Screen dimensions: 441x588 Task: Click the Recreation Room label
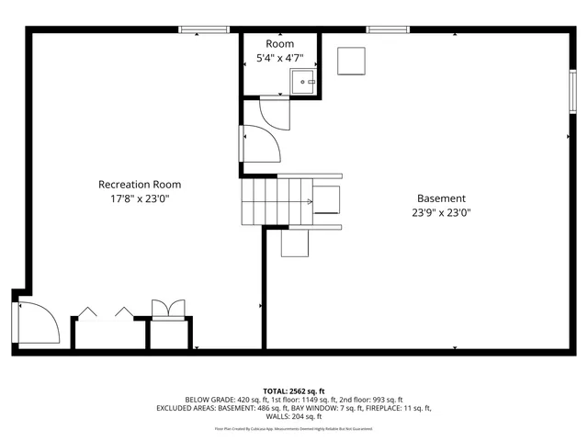click(140, 185)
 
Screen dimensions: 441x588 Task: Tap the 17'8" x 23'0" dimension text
click(140, 198)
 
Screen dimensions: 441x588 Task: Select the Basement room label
click(441, 198)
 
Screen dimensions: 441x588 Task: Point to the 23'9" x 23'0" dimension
click(441, 212)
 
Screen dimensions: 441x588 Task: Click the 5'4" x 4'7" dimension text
click(280, 59)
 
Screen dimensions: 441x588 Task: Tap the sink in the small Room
click(304, 84)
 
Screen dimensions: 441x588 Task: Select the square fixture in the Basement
click(351, 61)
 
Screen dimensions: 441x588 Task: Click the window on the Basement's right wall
click(571, 93)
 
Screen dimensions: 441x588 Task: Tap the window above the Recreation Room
click(204, 30)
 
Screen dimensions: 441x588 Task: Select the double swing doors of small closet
click(167, 310)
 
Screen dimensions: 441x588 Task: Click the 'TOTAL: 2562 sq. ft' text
click(293, 390)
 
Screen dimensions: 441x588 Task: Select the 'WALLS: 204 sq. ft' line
click(293, 416)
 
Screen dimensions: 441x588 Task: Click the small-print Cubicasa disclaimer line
click(293, 428)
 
